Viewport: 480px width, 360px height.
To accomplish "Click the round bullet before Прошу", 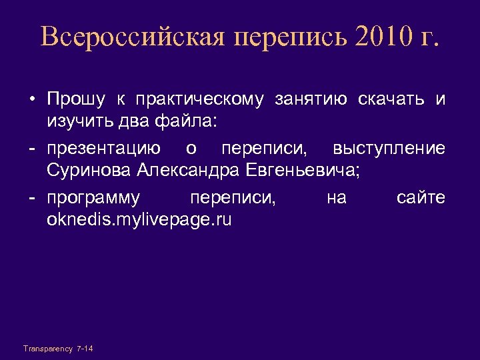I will (31, 101).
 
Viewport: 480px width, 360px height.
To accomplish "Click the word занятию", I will (311, 101).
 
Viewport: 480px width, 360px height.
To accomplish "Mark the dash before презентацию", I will (31, 148).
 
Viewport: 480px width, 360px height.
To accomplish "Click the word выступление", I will (389, 148).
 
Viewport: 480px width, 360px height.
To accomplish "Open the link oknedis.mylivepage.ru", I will (139, 220).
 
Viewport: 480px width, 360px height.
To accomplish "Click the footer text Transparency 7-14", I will (58, 349).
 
